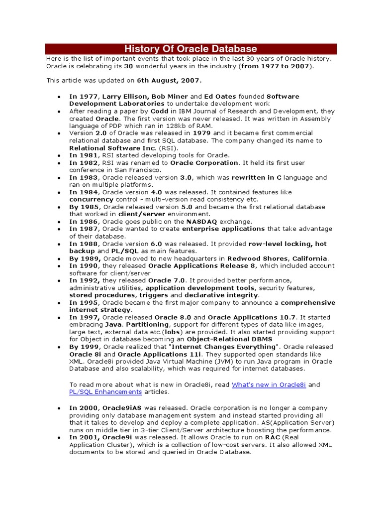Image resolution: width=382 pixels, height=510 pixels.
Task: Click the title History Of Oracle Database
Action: (191, 49)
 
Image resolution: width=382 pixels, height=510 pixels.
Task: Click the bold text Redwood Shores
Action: (257, 258)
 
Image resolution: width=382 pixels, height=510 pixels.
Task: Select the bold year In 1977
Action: (83, 96)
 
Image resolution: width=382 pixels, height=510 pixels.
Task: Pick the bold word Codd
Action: (159, 112)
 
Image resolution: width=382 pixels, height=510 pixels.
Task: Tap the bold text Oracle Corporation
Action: (204, 163)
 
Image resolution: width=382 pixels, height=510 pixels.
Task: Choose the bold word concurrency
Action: (91, 199)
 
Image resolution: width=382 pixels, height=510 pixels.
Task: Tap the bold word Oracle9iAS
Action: (122, 407)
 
